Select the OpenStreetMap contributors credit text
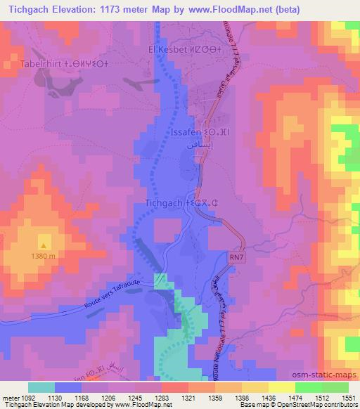[317, 405]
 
